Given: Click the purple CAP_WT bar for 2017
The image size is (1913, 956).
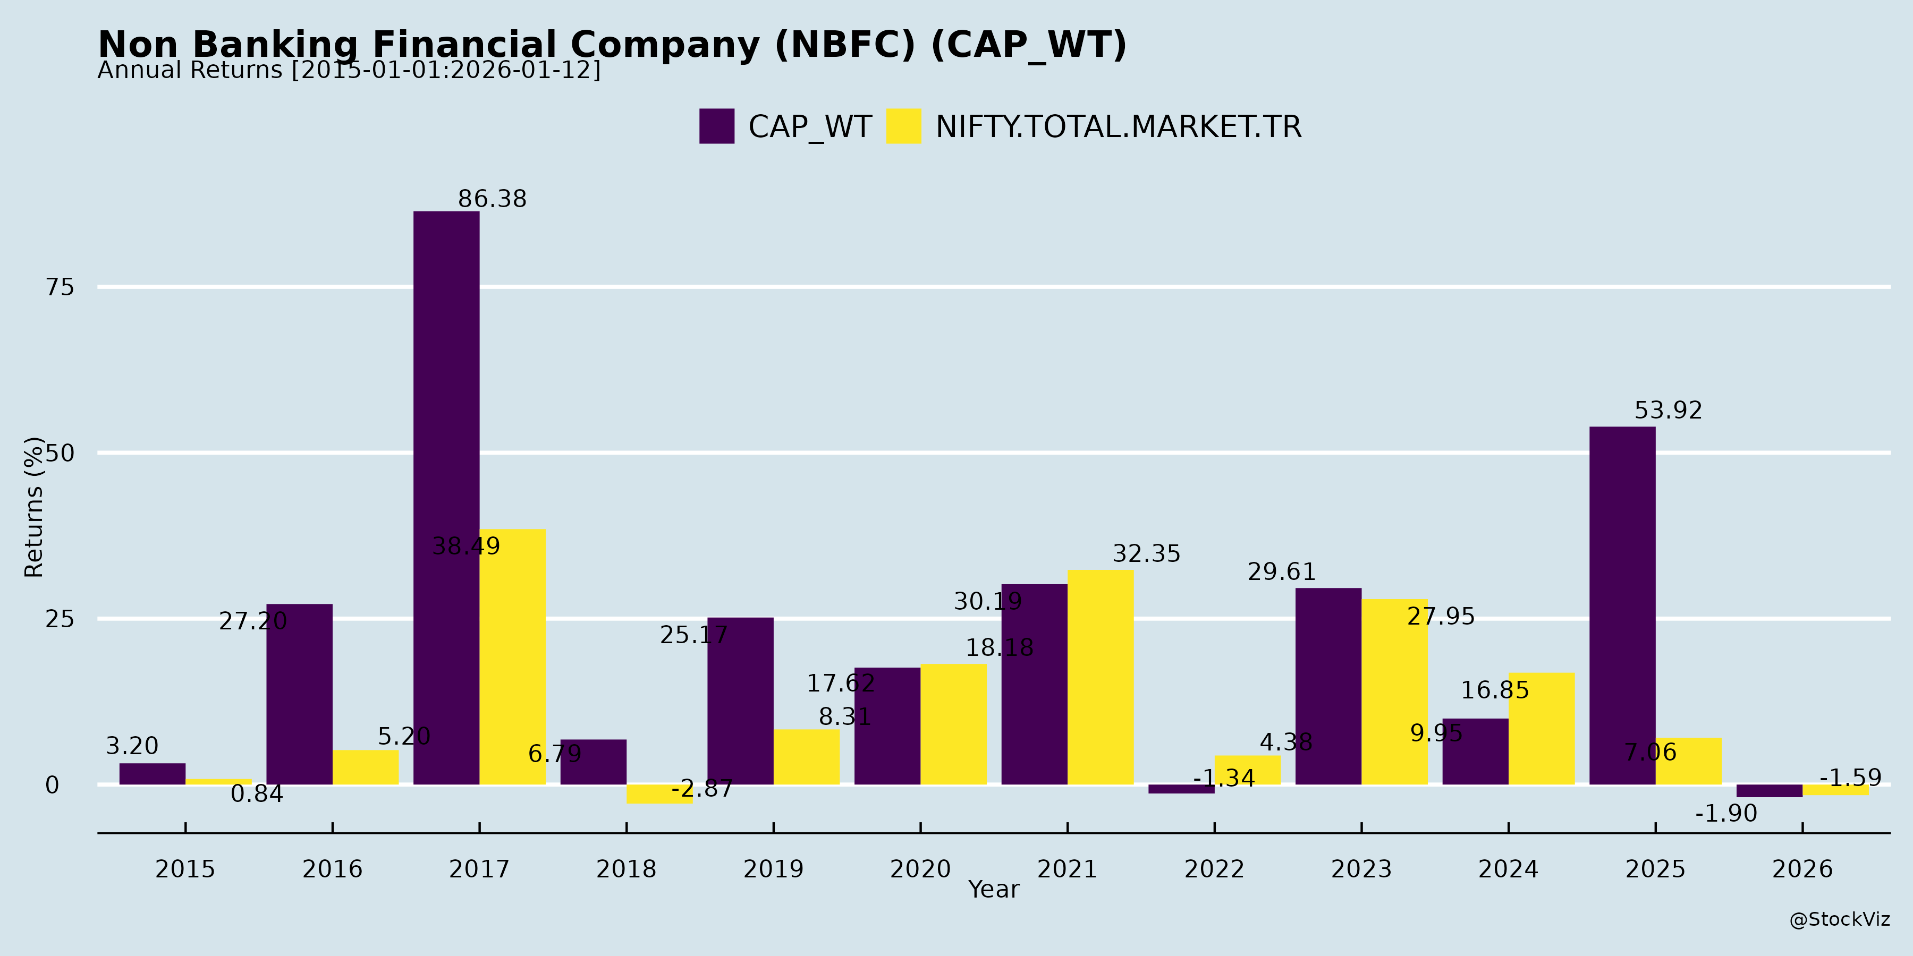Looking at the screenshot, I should coord(446,497).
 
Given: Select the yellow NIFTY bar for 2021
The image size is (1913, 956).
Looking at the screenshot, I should coord(1101,677).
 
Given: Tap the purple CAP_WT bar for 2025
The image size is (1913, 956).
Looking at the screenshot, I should coord(1623,605).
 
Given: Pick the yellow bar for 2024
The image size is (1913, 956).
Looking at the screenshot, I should coord(1542,728).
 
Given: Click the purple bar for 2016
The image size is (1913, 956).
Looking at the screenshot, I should coord(299,694).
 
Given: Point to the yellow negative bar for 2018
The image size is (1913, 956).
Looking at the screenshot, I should coord(659,794).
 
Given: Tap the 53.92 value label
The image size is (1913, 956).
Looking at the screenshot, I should coord(1668,411).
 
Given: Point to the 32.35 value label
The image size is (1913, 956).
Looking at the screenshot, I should coord(1146,554).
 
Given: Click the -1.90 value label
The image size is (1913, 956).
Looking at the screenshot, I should coord(1726,814).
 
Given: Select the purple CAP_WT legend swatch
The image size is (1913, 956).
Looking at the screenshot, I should coord(717,126).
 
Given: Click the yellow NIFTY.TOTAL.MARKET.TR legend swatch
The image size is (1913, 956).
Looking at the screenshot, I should coord(904,126).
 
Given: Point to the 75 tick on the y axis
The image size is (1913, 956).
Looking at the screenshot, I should coord(60,287).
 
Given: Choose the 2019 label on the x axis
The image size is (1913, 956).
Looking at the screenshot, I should coord(773,869).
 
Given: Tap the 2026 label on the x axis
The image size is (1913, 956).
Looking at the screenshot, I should coord(1802,869).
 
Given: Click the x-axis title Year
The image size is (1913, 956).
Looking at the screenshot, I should coord(994,889).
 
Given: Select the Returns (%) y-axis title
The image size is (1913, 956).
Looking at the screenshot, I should coord(34,507).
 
